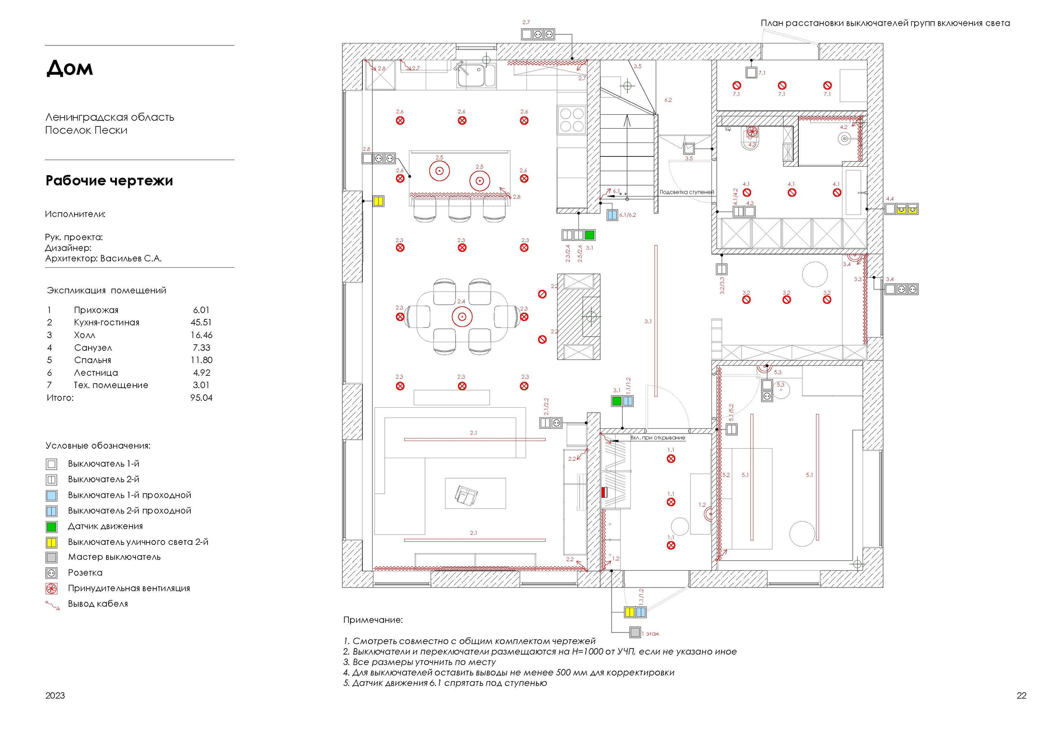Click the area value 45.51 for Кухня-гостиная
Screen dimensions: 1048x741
pyautogui.click(x=201, y=322)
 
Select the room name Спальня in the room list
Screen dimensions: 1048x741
pyautogui.click(x=93, y=360)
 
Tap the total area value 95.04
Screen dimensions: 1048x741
pyautogui.click(x=201, y=398)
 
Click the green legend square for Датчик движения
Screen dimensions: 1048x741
pyautogui.click(x=52, y=527)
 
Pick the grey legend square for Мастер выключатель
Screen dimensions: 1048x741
pyautogui.click(x=52, y=558)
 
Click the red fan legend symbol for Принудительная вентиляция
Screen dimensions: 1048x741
pyautogui.click(x=52, y=589)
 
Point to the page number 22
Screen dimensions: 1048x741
pyautogui.click(x=1021, y=695)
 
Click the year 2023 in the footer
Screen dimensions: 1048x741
pyautogui.click(x=55, y=695)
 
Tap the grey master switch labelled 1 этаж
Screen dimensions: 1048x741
pyautogui.click(x=635, y=633)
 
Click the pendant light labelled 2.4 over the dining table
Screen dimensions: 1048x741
pyautogui.click(x=462, y=316)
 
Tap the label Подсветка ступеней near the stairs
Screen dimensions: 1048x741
pyautogui.click(x=687, y=192)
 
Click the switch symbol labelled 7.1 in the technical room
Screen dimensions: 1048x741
pyautogui.click(x=751, y=72)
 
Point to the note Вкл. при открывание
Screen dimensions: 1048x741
pyautogui.click(x=658, y=437)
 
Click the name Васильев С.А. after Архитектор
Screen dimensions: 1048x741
pyautogui.click(x=131, y=258)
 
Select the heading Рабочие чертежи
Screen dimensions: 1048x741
pyautogui.click(x=109, y=181)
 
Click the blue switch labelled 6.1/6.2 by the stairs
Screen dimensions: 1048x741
pyautogui.click(x=612, y=215)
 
